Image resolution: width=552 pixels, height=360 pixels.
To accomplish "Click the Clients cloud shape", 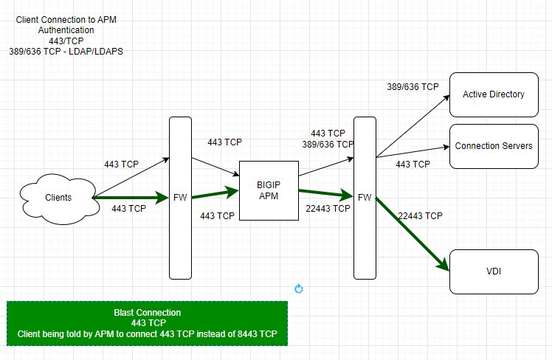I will pos(58,197).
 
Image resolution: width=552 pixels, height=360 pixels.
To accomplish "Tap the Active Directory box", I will pos(493,94).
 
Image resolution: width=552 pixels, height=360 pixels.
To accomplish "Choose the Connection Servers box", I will pos(493,145).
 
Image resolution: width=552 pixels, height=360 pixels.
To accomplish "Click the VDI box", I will pos(493,271).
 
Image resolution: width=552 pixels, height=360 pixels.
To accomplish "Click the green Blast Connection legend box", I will pos(147,323).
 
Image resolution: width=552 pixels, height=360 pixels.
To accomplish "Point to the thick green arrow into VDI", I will pos(413,235).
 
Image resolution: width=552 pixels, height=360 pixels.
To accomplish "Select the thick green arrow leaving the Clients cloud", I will pos(130,198).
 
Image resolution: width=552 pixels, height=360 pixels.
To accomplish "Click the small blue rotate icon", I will pos(298,288).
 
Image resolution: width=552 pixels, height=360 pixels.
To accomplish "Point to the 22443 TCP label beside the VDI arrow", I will pos(420,216).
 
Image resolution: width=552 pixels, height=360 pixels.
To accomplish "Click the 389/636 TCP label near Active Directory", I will pos(413,86).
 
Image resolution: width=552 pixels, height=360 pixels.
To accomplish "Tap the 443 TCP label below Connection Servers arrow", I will pos(413,165).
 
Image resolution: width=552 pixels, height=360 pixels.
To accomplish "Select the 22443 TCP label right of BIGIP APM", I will pos(328,209).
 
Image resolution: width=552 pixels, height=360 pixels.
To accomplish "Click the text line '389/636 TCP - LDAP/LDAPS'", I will pos(66,51).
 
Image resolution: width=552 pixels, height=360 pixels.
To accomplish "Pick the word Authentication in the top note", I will pos(66,30).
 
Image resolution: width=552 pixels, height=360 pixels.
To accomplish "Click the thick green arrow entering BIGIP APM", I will pos(214,195).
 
